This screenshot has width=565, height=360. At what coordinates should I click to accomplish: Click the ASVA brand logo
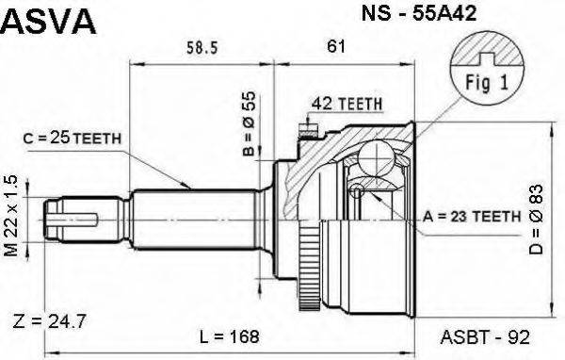tap(49, 21)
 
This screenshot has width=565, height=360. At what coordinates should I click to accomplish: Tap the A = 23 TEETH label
tap(473, 216)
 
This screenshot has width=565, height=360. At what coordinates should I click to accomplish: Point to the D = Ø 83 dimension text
tap(538, 221)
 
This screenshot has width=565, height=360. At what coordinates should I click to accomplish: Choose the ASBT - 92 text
tap(478, 335)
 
